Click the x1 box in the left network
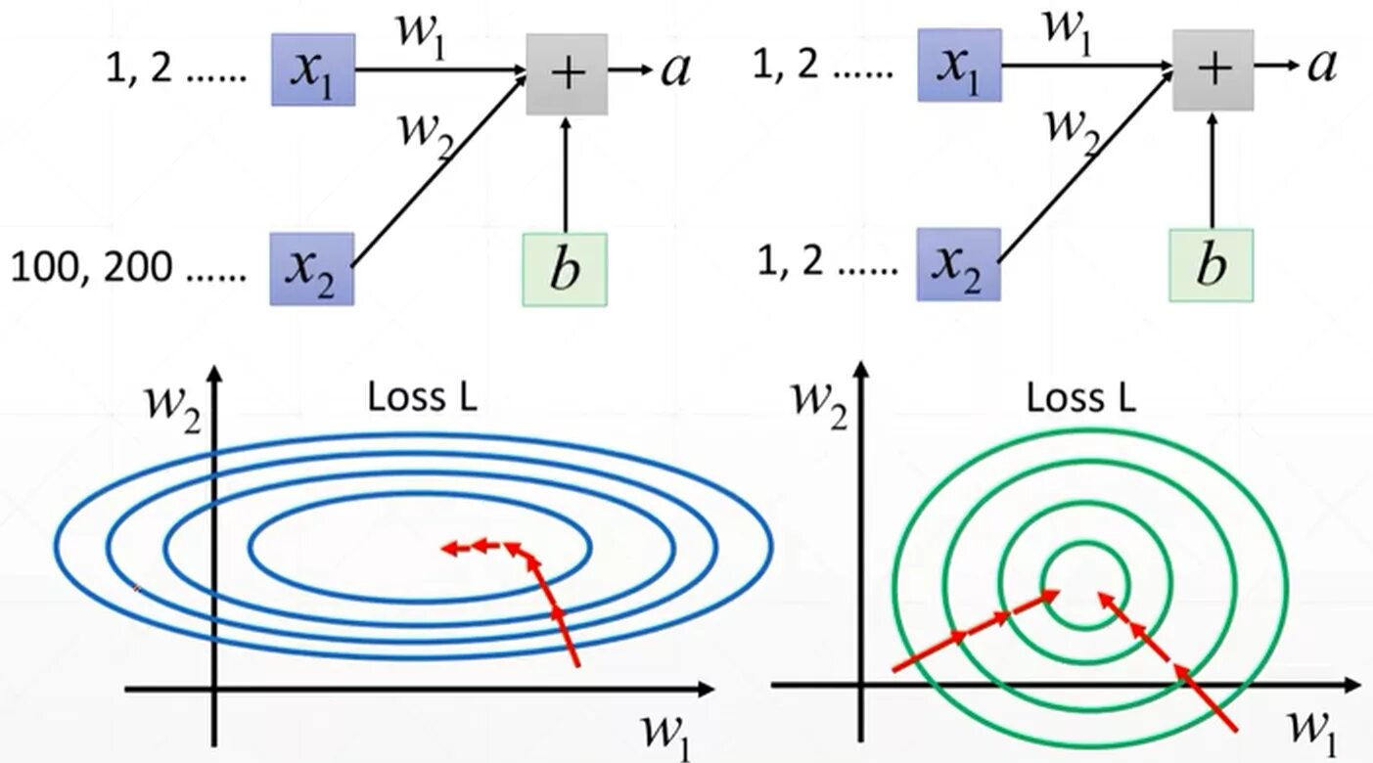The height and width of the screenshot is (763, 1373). tap(312, 69)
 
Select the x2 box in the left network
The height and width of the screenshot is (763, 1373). tap(312, 268)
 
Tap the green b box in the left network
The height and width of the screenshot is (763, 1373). tap(565, 269)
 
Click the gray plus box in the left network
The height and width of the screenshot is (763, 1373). tap(567, 73)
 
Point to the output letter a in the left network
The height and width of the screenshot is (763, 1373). tap(675, 69)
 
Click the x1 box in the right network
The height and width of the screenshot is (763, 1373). tap(959, 65)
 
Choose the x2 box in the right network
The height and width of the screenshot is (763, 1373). tap(958, 264)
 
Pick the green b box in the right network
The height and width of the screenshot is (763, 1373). tap(1211, 264)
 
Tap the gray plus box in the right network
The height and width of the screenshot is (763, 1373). tap(1213, 69)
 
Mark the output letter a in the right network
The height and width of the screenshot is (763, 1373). tap(1321, 65)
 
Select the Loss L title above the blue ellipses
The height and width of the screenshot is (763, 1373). tap(423, 398)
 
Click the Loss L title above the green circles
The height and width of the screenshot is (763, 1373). tap(1081, 398)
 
